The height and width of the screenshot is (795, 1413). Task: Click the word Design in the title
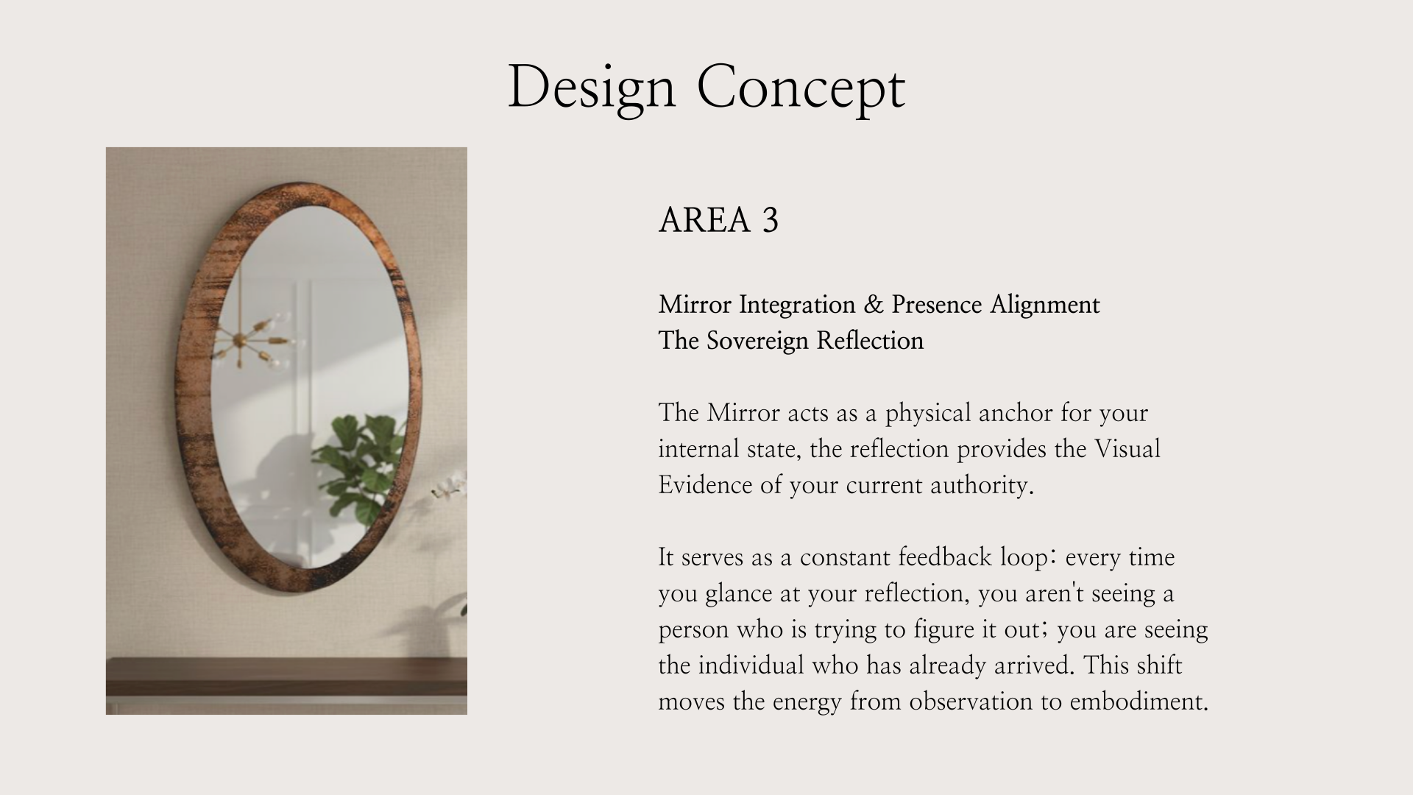[x=592, y=88]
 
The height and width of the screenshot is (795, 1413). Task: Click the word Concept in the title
[x=801, y=88]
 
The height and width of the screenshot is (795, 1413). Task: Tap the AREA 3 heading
[x=718, y=220]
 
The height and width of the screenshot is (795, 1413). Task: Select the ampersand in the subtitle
[x=874, y=304]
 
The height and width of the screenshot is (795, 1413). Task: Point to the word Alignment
[x=1044, y=305]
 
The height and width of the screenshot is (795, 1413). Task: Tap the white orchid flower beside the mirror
[x=450, y=486]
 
